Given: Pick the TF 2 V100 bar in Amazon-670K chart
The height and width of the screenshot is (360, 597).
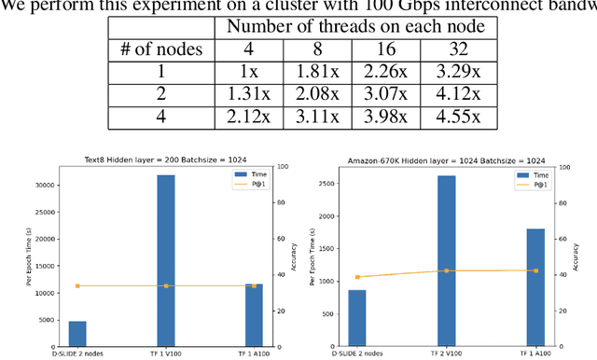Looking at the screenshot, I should (x=447, y=261).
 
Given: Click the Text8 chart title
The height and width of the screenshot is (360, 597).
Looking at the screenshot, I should (x=166, y=160).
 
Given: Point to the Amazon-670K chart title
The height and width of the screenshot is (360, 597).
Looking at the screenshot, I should (x=447, y=160).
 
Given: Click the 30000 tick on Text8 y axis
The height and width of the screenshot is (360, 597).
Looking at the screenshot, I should (x=43, y=185).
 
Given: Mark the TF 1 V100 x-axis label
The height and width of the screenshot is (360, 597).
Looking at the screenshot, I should (x=166, y=354).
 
